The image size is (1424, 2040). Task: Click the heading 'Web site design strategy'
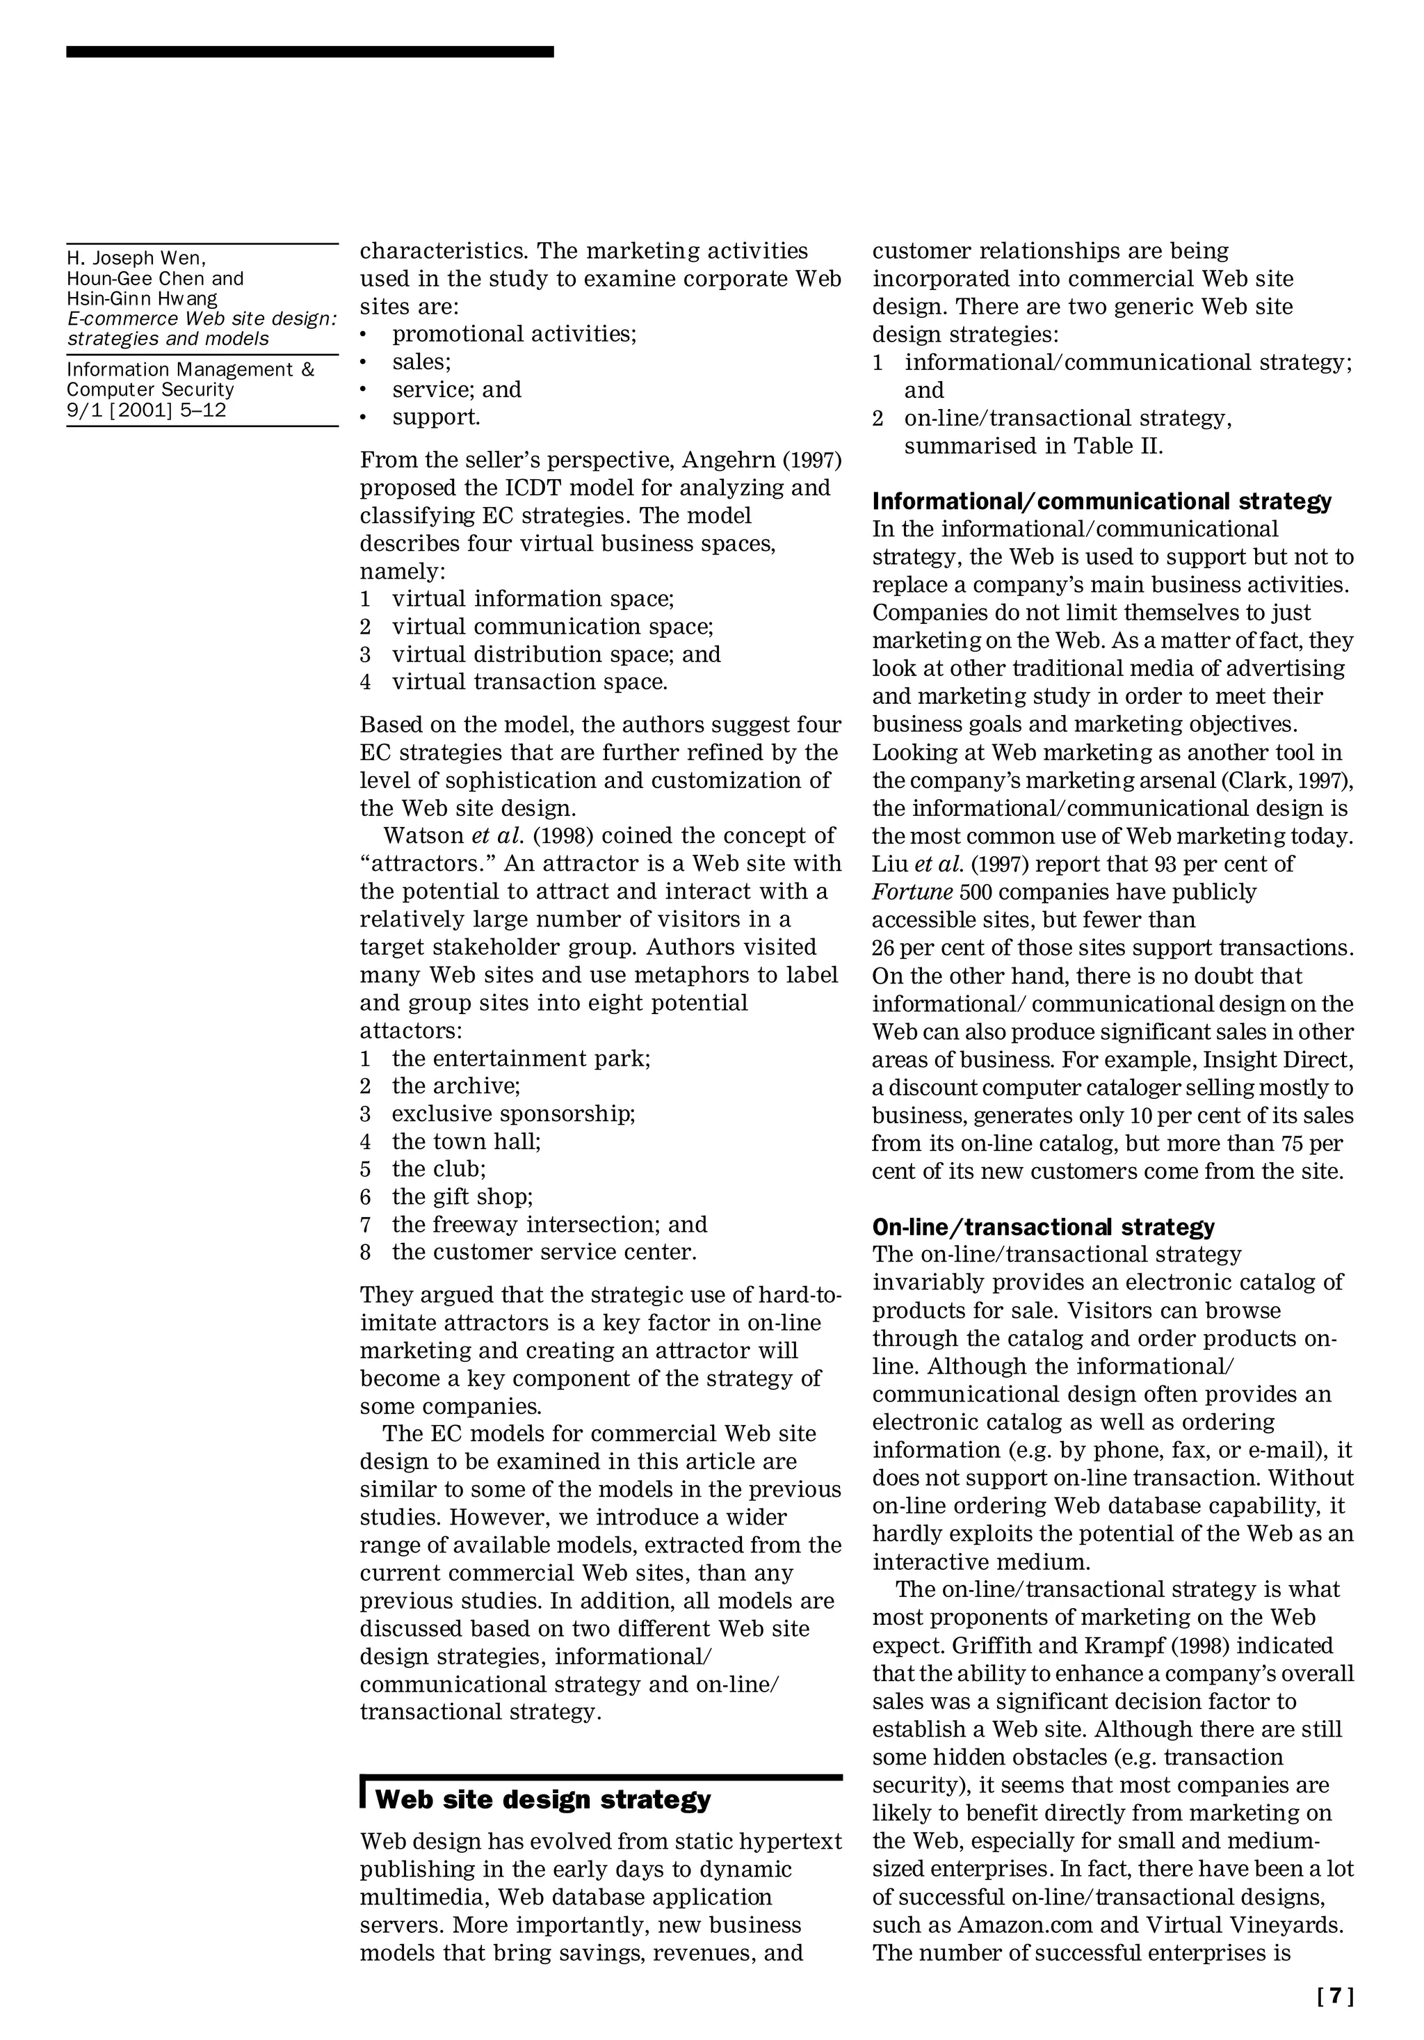click(543, 1799)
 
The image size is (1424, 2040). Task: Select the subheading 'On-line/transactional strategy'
click(1043, 1227)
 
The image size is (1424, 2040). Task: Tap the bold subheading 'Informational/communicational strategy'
click(1101, 501)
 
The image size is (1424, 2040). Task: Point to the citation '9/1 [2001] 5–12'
click(147, 410)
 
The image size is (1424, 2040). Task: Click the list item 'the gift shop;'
click(462, 1196)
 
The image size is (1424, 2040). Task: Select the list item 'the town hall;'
click(467, 1141)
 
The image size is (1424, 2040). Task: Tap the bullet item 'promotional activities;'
click(515, 334)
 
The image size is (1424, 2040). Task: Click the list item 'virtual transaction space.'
click(529, 682)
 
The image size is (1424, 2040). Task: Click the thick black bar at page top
click(309, 52)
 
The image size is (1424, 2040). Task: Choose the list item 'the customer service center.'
click(544, 1252)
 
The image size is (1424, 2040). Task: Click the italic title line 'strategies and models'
click(168, 339)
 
